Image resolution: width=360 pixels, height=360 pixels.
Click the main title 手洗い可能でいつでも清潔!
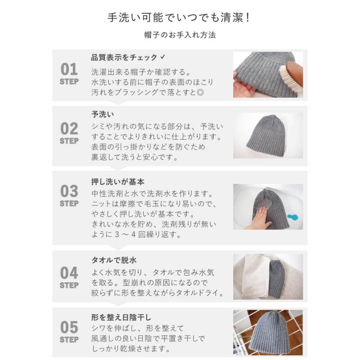pos(180,18)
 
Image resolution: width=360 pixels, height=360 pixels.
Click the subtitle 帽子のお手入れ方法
pos(180,35)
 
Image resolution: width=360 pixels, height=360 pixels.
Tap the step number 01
pos(69,70)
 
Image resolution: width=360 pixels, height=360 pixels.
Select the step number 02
pos(69,129)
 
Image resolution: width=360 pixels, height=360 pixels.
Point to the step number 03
pos(69,192)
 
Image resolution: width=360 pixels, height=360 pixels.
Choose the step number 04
pos(69,274)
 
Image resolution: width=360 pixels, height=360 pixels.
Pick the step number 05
pos(69,328)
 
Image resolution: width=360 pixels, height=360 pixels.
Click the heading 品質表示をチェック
pos(124,58)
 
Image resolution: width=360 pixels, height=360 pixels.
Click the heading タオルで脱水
pos(114,260)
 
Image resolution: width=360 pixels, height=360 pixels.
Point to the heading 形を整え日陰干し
pos(121,318)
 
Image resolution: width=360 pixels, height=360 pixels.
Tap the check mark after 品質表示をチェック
pos(162,57)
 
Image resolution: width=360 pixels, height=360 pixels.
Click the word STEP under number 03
pos(69,204)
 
